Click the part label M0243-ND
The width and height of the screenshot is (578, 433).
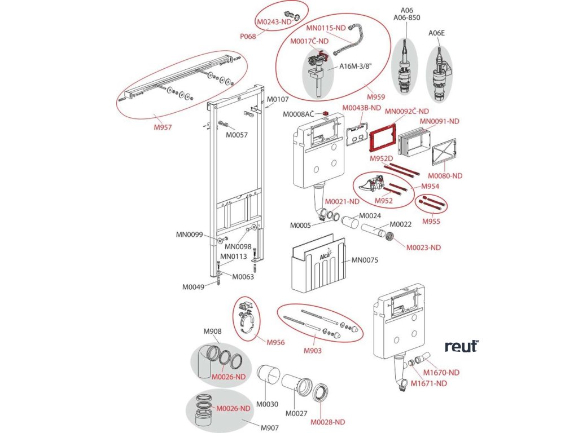tap(274, 22)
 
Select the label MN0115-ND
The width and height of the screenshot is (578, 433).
tap(326, 28)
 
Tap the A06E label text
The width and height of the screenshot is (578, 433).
tap(436, 33)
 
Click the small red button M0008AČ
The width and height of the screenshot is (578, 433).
tap(326, 113)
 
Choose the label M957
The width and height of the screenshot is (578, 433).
tap(163, 127)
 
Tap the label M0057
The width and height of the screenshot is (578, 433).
tap(237, 135)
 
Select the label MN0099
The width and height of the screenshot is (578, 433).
tap(189, 235)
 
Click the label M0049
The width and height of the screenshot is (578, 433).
tap(193, 287)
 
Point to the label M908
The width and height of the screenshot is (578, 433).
tap(212, 331)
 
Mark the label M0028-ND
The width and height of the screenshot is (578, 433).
tap(328, 422)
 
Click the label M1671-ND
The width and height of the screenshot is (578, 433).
tap(429, 383)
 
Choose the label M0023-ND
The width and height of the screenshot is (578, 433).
tap(423, 248)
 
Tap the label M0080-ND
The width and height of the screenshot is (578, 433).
tap(445, 176)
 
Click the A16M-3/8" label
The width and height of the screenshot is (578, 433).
tap(356, 67)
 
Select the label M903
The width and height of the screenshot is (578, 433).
tap(312, 351)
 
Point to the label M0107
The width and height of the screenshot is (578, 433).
tap(278, 99)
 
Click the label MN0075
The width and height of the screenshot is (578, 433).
tap(365, 260)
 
